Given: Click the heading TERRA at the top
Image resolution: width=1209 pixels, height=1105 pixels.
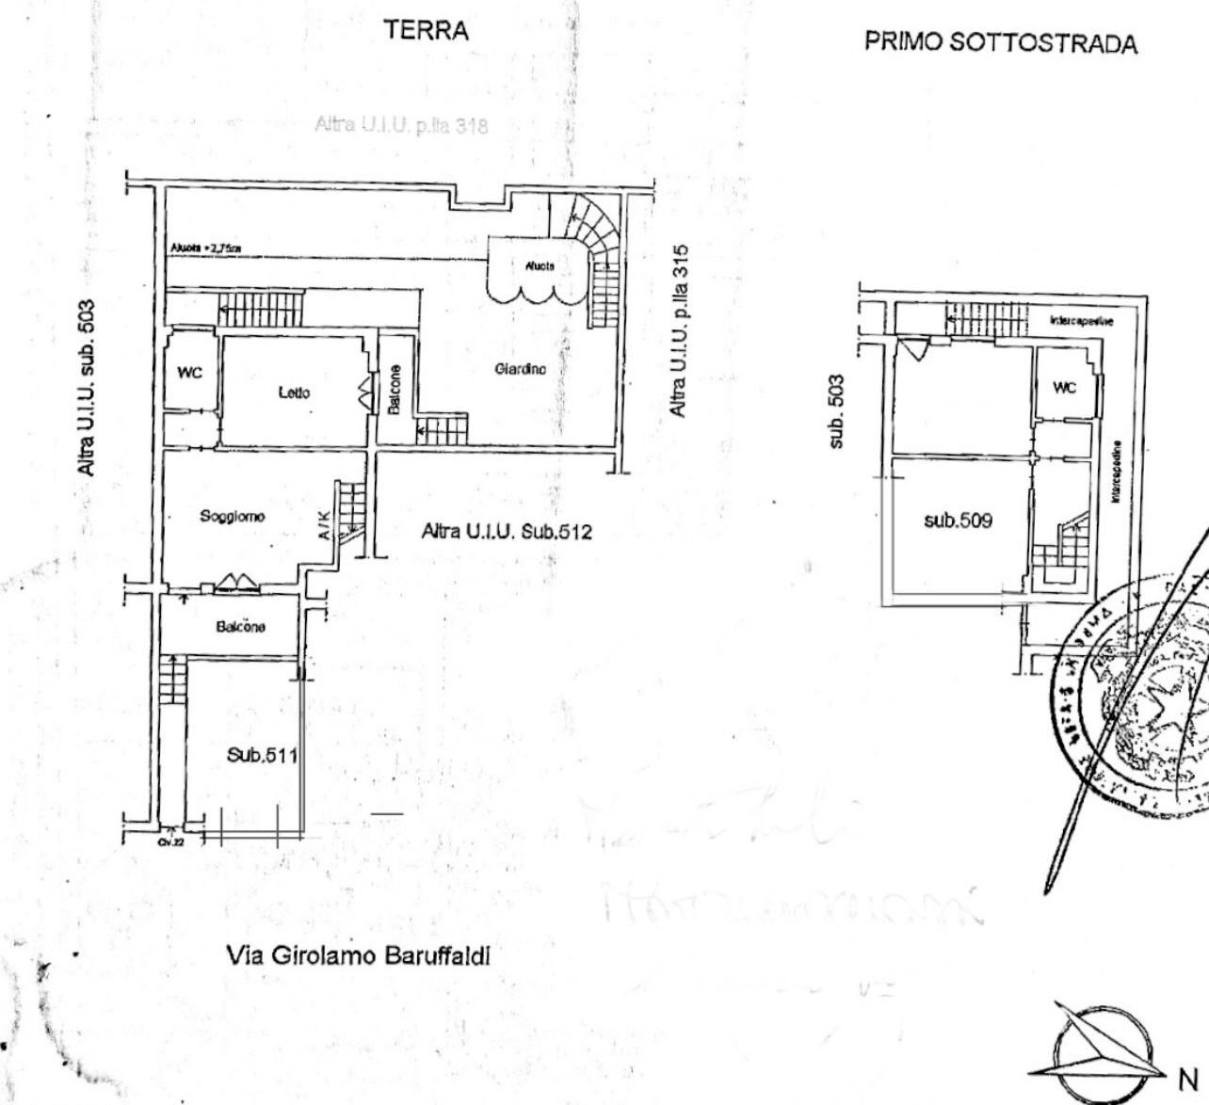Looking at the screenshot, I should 427,31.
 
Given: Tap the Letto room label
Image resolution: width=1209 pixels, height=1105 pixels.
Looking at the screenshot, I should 294,392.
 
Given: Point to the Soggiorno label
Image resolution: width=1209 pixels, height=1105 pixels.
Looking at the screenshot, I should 232,516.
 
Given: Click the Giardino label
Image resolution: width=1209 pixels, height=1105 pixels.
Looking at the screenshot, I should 520,370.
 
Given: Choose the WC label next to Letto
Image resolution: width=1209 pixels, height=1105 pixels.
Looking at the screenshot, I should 189,373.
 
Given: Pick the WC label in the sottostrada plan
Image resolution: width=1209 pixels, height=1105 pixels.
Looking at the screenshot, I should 1064,388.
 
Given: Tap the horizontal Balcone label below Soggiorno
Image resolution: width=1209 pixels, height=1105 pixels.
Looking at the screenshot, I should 240,627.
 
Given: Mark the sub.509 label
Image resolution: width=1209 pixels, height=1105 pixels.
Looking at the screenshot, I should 958,519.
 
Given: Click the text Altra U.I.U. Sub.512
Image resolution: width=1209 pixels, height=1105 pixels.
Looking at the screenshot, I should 507,532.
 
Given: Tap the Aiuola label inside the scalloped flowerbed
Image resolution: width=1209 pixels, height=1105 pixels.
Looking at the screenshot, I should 540,266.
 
